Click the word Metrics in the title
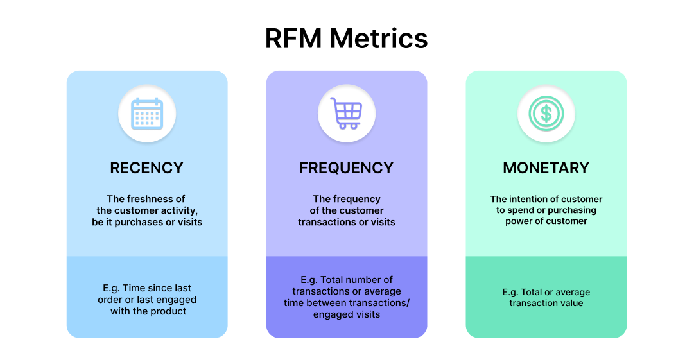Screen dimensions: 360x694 (379, 39)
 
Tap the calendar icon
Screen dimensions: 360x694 (147, 114)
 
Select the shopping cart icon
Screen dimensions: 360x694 (347, 114)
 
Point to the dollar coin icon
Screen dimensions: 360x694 (546, 114)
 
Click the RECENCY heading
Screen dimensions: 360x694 (147, 168)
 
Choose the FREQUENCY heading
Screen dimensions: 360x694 (347, 168)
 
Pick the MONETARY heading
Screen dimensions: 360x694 (546, 168)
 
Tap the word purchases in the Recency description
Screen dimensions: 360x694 (144, 222)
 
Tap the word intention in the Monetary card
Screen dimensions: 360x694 (530, 199)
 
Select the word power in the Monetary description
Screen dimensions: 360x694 (518, 221)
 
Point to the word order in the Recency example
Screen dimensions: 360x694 (111, 300)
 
